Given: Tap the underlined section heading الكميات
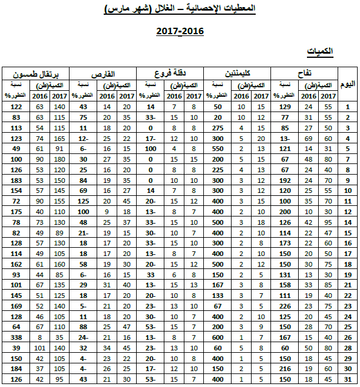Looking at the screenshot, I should tap(322, 53).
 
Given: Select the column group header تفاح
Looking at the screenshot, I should tap(305, 73).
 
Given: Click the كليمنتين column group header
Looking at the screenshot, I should tap(237, 73).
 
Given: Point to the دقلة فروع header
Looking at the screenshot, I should tap(170, 73).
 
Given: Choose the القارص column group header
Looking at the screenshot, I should tap(103, 73).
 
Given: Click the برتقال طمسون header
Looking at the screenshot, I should tap(35, 73).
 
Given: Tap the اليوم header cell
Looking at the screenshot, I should tap(348, 85).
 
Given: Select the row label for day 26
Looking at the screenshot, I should tap(348, 337).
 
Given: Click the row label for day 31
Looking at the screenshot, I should tap(348, 378).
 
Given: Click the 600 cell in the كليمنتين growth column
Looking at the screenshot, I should tap(217, 337).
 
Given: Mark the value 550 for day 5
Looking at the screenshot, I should tap(217, 148).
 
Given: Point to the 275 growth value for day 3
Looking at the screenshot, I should tap(217, 127).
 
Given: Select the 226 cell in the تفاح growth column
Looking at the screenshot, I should tap(285, 306).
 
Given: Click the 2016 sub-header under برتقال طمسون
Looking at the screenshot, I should tap(39, 96).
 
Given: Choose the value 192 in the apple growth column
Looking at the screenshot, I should tap(285, 180).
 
